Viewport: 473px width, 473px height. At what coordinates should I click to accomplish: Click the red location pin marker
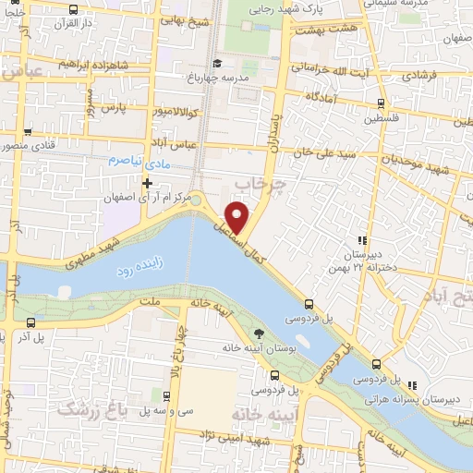pyautogui.click(x=238, y=214)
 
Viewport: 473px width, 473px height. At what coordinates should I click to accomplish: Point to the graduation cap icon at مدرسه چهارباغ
pyautogui.click(x=216, y=63)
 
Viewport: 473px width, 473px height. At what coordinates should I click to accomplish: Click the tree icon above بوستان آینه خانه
pyautogui.click(x=257, y=334)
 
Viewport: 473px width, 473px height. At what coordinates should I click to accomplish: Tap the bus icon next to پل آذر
pyautogui.click(x=33, y=323)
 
